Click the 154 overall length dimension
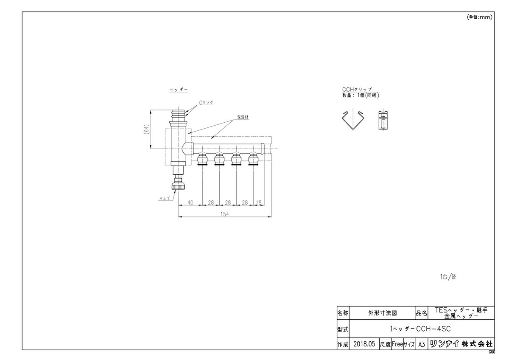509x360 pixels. point(224,214)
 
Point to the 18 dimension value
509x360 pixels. point(259,203)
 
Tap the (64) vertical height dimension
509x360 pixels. point(146,129)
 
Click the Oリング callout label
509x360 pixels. point(207,103)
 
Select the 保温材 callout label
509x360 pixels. point(243,117)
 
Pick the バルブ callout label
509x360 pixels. point(164,198)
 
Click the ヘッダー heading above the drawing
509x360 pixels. point(178,90)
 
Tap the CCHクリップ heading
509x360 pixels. point(357,90)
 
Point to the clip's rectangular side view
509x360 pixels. point(383,121)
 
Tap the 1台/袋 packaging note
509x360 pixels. point(447,276)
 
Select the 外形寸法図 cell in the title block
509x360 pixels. point(382,313)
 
